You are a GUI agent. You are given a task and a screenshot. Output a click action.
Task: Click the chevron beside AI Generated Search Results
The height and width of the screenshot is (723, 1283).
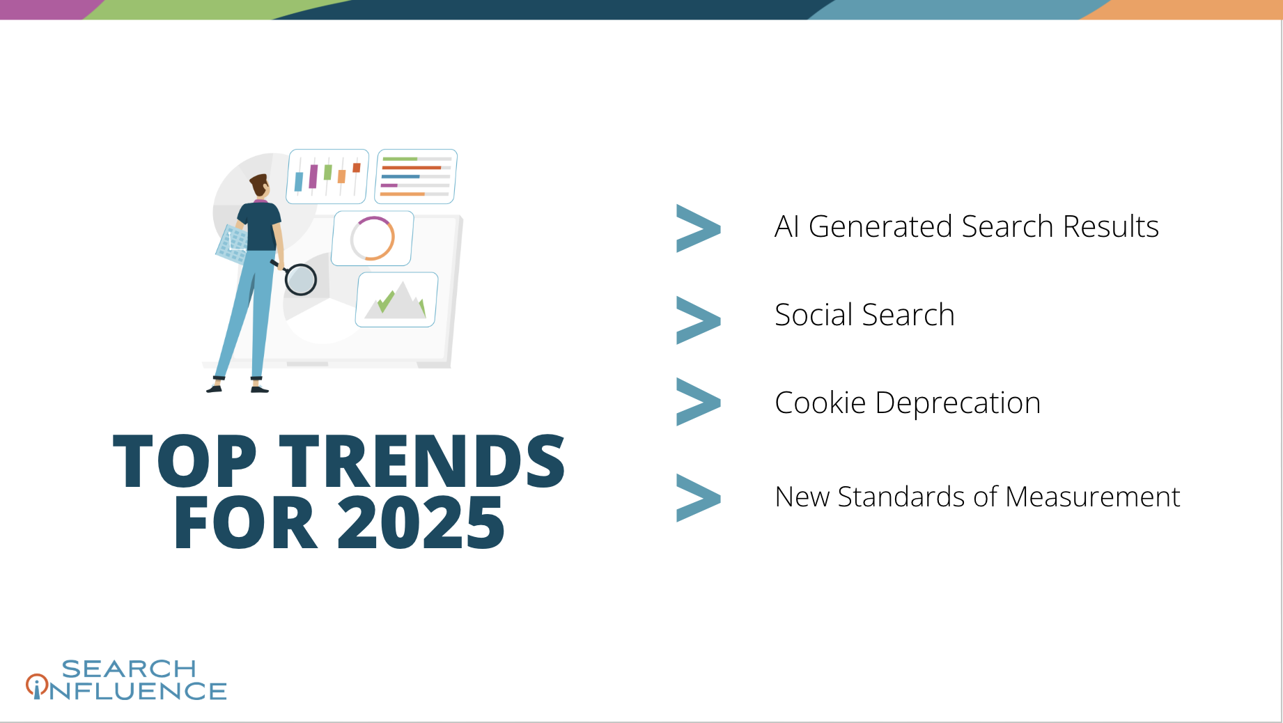698,228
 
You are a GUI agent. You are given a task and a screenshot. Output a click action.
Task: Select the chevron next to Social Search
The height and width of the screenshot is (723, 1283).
698,320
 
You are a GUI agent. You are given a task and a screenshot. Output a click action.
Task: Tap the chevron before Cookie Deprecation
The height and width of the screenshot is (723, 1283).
698,402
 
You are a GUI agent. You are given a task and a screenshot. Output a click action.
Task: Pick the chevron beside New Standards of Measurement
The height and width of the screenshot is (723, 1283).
698,497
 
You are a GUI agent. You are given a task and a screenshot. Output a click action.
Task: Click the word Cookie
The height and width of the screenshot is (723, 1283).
820,403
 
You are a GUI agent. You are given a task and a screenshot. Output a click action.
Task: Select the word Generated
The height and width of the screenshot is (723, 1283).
880,226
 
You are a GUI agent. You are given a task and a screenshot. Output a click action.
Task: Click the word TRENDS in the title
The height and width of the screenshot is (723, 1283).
422,460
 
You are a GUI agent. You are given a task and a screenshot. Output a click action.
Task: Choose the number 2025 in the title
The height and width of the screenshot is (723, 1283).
421,522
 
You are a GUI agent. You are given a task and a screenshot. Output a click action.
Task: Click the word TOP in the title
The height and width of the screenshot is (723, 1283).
185,460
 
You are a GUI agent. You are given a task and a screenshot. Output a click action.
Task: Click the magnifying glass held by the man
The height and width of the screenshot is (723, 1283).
300,279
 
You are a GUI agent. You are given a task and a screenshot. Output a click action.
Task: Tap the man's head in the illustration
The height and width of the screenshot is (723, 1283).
260,185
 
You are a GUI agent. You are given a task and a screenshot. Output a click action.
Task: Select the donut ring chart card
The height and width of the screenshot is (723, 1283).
373,238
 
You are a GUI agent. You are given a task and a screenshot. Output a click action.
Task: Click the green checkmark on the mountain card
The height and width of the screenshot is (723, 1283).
385,301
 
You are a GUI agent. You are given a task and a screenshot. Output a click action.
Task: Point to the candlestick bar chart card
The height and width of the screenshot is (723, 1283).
327,176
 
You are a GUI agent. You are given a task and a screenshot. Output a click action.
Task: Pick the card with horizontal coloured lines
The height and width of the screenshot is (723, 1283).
416,176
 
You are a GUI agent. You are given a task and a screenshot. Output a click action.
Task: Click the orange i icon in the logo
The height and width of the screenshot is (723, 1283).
37,686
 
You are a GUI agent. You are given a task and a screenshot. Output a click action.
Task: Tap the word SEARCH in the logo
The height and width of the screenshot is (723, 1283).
129,669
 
